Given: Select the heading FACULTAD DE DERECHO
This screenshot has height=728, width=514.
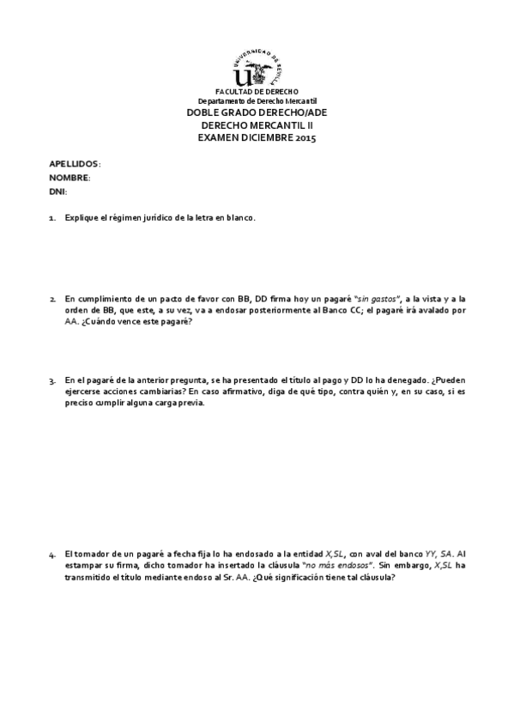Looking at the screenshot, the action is (257, 92).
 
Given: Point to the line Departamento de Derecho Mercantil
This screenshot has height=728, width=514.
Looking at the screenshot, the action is (257, 101).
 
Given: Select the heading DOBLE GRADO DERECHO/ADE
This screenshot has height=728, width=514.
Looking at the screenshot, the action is (257, 112).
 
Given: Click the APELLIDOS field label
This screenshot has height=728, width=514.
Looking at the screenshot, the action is (74, 163).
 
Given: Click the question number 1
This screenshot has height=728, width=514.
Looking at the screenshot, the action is (52, 218).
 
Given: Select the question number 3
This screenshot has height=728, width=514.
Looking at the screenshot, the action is (52, 379).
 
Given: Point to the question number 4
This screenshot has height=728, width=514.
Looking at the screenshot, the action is (52, 555).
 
